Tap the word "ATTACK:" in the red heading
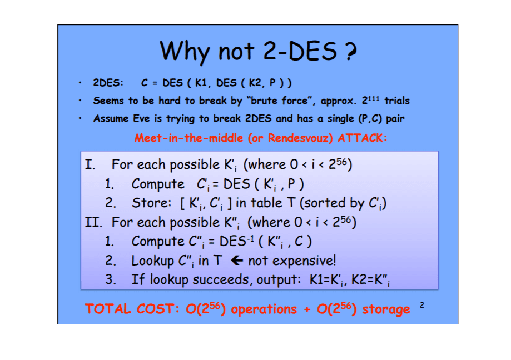362,138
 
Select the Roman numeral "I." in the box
91,164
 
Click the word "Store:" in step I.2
151,203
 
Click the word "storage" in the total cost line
386,309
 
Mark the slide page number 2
421,304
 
